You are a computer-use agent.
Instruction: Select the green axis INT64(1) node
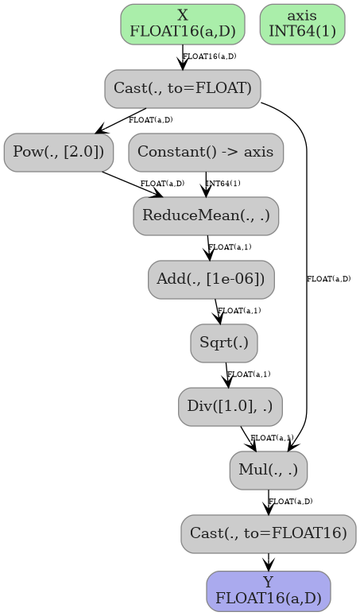click(x=302, y=25)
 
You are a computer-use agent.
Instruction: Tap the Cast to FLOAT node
click(x=183, y=88)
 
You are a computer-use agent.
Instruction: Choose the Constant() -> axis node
click(x=206, y=152)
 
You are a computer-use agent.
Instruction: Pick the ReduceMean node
click(x=206, y=215)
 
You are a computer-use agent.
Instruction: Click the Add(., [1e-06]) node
click(x=211, y=279)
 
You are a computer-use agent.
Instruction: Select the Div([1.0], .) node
click(x=230, y=406)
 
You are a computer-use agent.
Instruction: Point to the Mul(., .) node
click(x=269, y=470)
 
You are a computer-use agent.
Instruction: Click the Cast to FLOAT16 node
click(x=269, y=533)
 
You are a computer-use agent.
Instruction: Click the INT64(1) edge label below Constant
click(x=223, y=184)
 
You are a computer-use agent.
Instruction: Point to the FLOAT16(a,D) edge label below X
click(x=209, y=56)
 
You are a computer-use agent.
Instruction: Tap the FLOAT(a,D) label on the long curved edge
click(x=328, y=279)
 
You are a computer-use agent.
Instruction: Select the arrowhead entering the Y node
click(x=269, y=565)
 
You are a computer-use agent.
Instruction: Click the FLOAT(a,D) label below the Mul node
click(x=290, y=502)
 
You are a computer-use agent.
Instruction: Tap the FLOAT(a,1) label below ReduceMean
click(x=230, y=247)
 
